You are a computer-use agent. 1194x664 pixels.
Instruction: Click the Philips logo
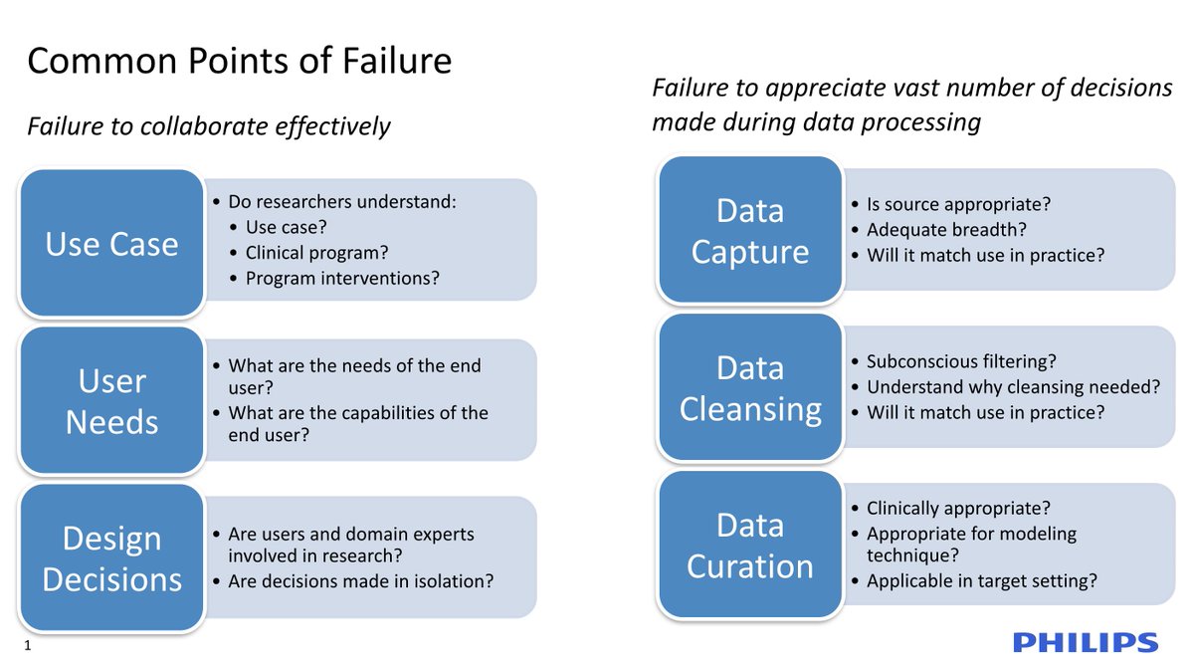pyautogui.click(x=1086, y=642)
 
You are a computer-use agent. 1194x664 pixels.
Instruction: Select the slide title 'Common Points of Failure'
pyautogui.click(x=239, y=62)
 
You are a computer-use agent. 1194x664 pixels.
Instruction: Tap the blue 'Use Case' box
pyautogui.click(x=111, y=244)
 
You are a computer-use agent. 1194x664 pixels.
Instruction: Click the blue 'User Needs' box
pyautogui.click(x=111, y=401)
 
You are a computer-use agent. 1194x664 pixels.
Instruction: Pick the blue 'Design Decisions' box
pyautogui.click(x=111, y=558)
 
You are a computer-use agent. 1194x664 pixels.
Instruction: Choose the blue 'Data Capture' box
pyautogui.click(x=750, y=231)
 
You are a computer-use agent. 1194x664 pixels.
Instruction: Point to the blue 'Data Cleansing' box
pyautogui.click(x=750, y=388)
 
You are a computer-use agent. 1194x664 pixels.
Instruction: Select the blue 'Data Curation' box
pyautogui.click(x=750, y=546)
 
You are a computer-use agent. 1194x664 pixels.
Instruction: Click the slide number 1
pyautogui.click(x=28, y=647)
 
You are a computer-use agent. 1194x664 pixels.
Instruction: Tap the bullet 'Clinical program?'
pyautogui.click(x=316, y=253)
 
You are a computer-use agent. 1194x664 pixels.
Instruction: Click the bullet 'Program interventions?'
pyautogui.click(x=342, y=279)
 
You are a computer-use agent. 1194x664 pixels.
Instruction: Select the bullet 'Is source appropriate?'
pyautogui.click(x=958, y=204)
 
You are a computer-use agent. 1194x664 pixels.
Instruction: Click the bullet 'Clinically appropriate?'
pyautogui.click(x=958, y=508)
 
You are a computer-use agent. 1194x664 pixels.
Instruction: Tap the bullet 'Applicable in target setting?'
pyautogui.click(x=981, y=581)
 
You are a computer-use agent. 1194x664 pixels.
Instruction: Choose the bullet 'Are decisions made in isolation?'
pyautogui.click(x=360, y=581)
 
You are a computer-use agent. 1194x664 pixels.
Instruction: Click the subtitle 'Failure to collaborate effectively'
pyautogui.click(x=208, y=127)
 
